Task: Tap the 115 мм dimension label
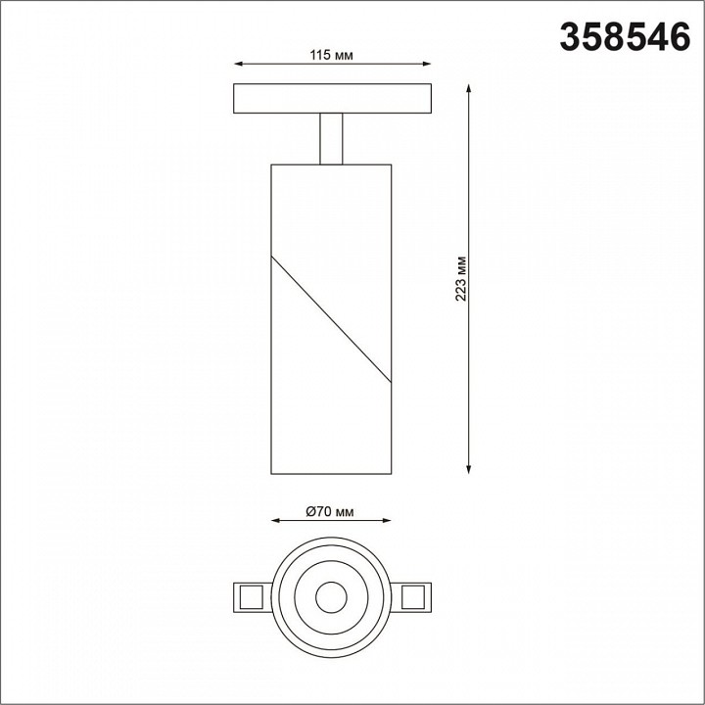pyautogui.click(x=331, y=56)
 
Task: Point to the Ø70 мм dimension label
pyautogui.click(x=329, y=510)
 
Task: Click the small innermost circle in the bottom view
pyautogui.click(x=331, y=595)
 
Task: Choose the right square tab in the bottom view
pyautogui.click(x=414, y=595)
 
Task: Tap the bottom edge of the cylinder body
pyautogui.click(x=331, y=474)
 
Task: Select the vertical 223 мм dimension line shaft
pyautogui.click(x=470, y=372)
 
